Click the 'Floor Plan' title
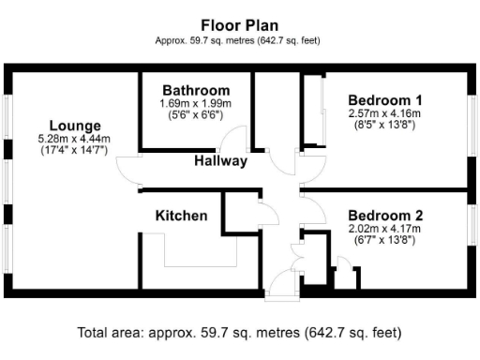click(239, 23)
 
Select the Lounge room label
click(75, 126)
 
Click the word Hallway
click(220, 160)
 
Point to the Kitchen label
click(181, 216)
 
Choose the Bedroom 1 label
click(384, 100)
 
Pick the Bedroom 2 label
click(385, 215)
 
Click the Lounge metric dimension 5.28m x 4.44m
click(73, 138)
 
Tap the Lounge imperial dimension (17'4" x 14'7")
click(73, 149)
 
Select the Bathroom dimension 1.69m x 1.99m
click(195, 103)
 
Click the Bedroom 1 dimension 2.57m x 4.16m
click(385, 112)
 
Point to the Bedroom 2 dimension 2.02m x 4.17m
click(385, 228)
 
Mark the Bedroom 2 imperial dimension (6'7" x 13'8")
click(385, 239)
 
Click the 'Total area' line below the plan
click(240, 333)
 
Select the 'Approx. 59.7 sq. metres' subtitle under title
click(239, 40)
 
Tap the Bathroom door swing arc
click(241, 142)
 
